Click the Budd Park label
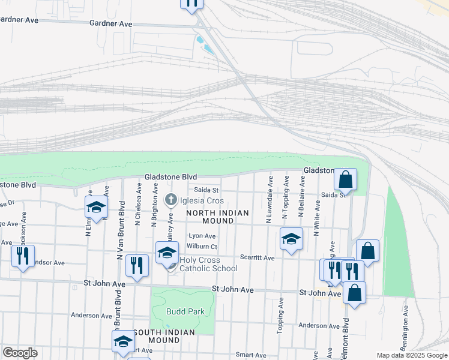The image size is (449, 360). [187, 311]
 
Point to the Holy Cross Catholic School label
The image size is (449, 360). [208, 264]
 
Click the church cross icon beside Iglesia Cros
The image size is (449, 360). [170, 200]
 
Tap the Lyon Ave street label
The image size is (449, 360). [202, 236]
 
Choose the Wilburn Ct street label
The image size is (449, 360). [202, 247]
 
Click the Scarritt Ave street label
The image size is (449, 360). [257, 258]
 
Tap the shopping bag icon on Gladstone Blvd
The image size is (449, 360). [346, 179]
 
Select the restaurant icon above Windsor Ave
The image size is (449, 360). [23, 256]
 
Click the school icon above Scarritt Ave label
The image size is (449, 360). [291, 239]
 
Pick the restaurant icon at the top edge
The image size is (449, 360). [191, 4]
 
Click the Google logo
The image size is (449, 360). [20, 353]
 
